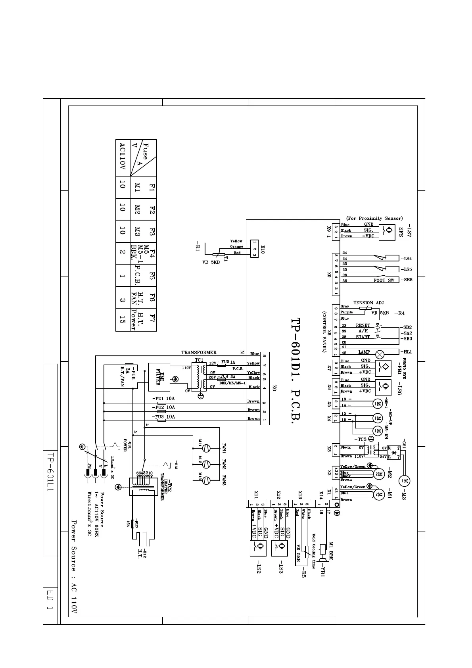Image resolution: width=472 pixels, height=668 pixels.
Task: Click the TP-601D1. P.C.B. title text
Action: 298,371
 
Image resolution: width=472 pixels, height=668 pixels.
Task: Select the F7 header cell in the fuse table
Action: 151,318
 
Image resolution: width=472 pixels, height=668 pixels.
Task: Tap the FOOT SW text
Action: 384,280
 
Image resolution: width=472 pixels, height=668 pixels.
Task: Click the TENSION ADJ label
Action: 368,303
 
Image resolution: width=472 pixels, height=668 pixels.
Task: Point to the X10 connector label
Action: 263,249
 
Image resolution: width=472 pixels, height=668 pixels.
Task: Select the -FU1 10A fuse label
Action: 163,398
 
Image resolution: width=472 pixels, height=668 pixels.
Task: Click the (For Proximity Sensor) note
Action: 374,218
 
